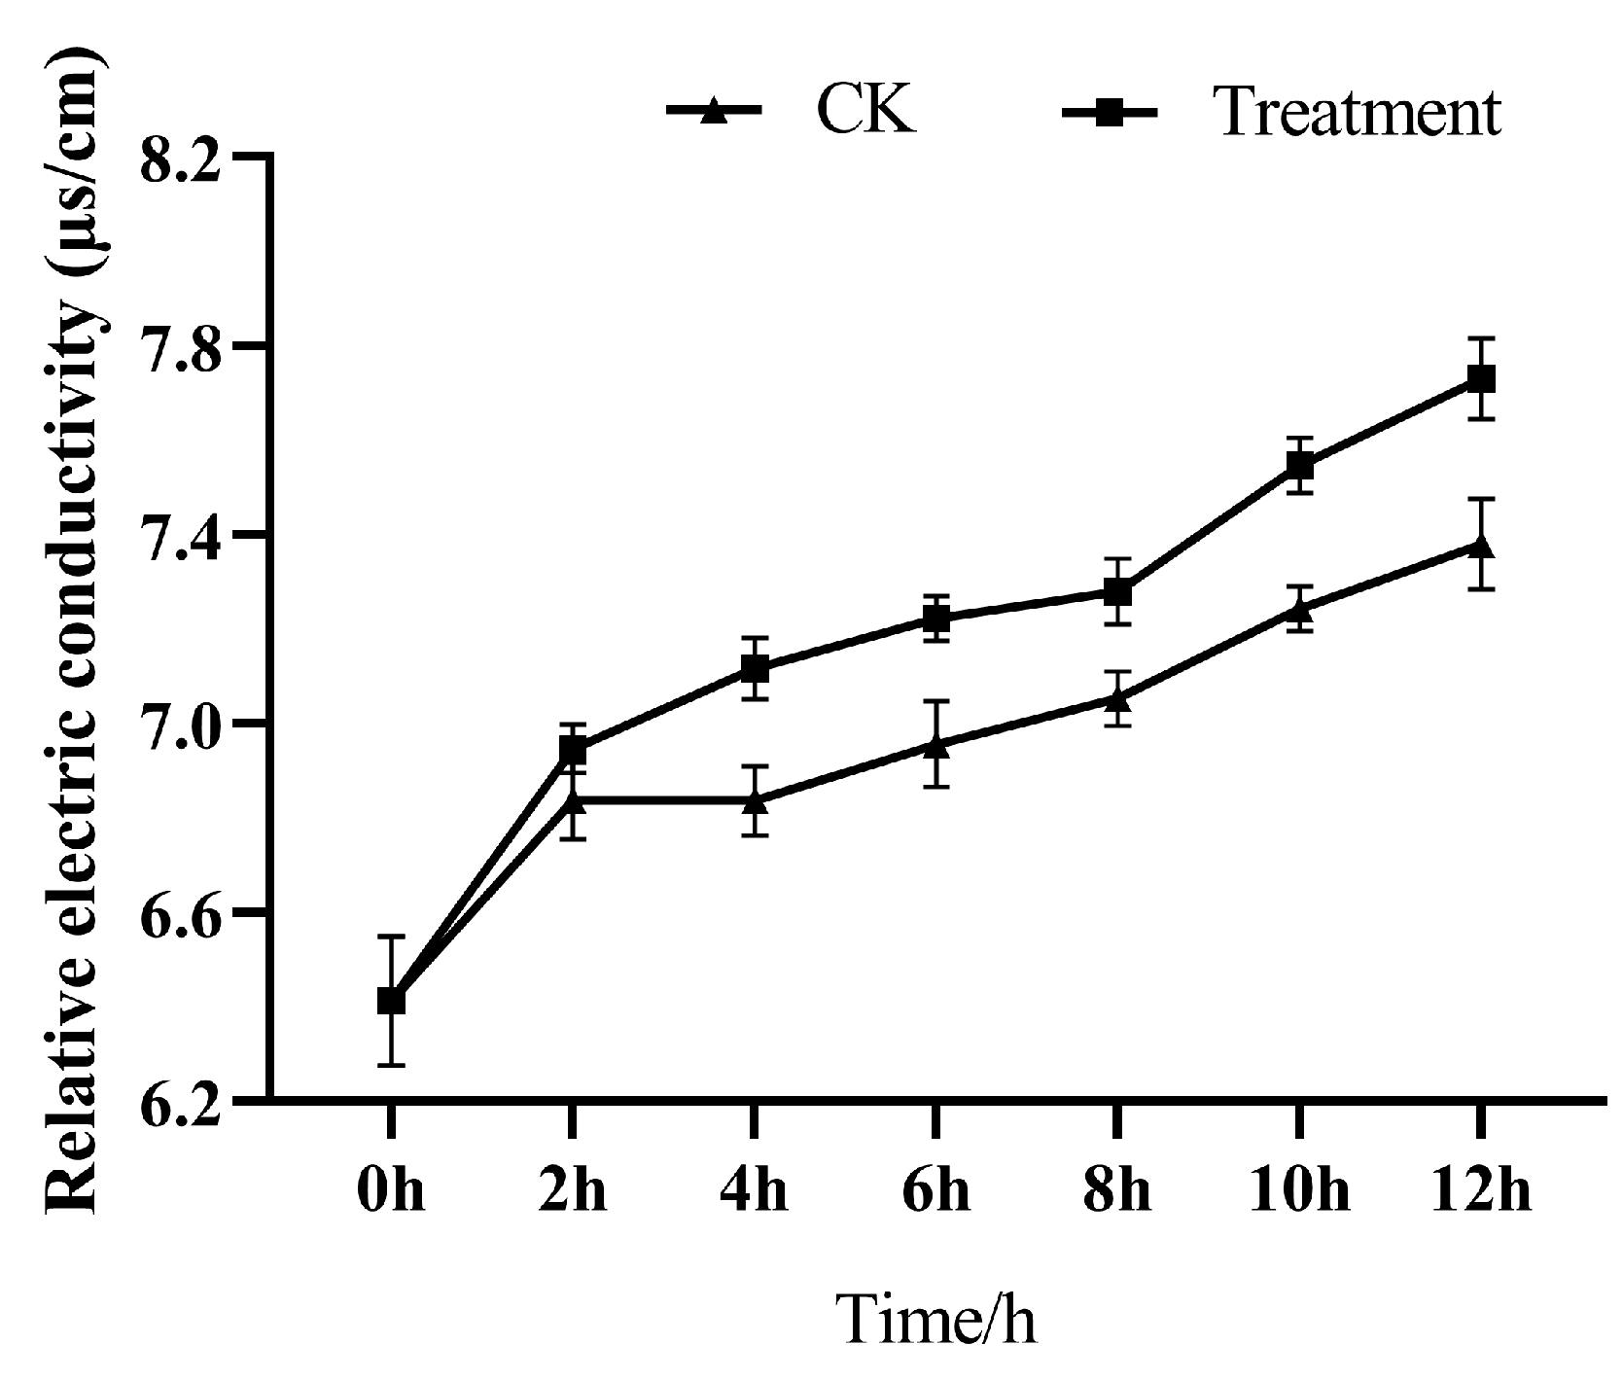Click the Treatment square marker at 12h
pos(1480,378)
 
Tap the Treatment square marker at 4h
pos(755,668)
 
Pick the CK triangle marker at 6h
pos(935,746)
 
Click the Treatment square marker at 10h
pos(1299,466)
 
